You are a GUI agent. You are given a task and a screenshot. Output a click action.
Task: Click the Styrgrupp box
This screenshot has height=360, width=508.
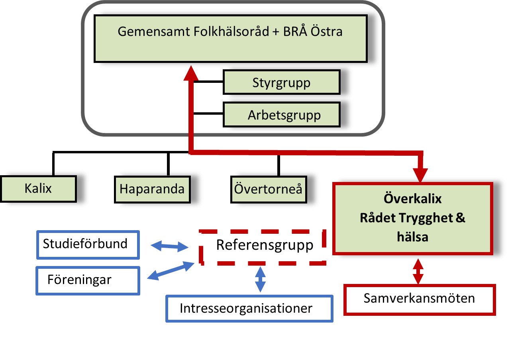coord(281,82)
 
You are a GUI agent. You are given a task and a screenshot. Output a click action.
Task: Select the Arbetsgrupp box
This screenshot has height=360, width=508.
coord(281,115)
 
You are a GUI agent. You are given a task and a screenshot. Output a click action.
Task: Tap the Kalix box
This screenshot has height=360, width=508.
coord(38,188)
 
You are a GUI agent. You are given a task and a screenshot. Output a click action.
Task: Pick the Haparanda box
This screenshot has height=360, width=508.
coord(152,188)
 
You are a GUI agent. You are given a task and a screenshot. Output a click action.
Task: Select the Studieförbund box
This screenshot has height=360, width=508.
coord(88,244)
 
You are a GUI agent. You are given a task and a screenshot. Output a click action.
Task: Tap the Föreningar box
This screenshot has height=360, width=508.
coord(88,280)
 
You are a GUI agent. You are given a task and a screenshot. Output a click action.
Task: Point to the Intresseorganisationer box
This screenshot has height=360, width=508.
coord(249,308)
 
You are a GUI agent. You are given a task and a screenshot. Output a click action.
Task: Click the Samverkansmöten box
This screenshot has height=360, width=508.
coord(419,299)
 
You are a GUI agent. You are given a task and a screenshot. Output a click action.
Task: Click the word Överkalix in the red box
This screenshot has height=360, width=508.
coord(412,198)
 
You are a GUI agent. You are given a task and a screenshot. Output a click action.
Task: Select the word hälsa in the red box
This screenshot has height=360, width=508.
coord(412,237)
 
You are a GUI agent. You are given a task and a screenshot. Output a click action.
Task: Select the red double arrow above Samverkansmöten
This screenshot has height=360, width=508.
coord(418,271)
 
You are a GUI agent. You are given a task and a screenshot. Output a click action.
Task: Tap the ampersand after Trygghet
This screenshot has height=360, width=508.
coord(460,218)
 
